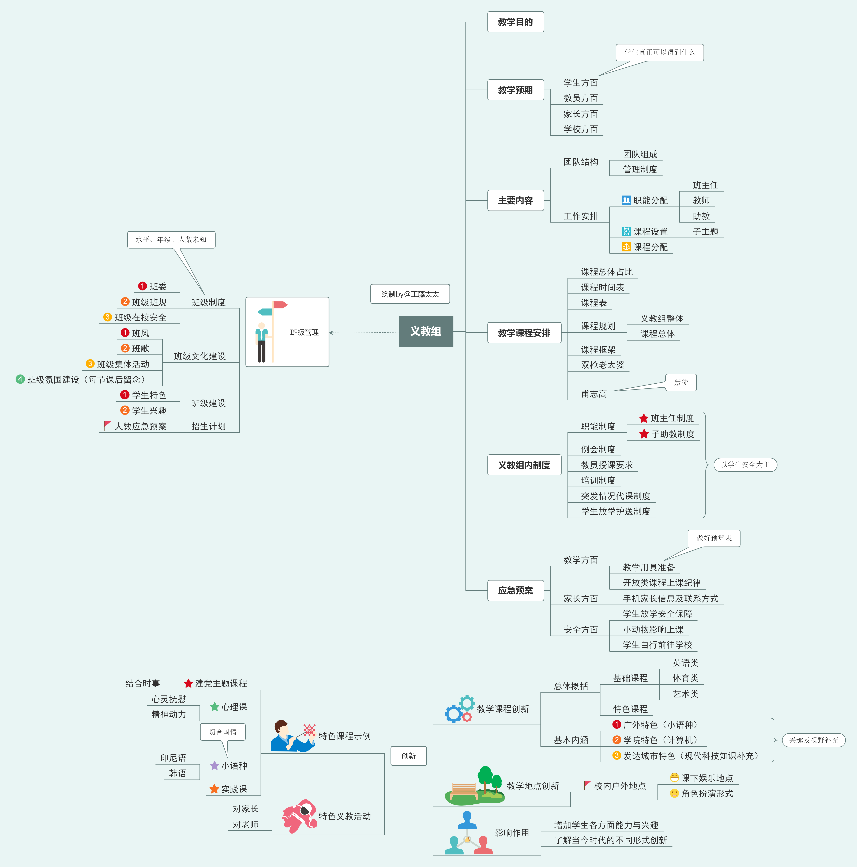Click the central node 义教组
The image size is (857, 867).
pyautogui.click(x=425, y=331)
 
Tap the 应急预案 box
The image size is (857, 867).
pyautogui.click(x=515, y=590)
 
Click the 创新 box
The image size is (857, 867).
pyautogui.click(x=408, y=756)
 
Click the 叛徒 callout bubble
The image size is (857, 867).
pyautogui.click(x=681, y=382)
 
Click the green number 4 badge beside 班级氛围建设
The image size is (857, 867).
pyautogui.click(x=20, y=379)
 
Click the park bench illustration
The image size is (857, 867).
pyautogui.click(x=464, y=791)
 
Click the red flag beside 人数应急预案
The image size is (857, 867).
pyautogui.click(x=107, y=425)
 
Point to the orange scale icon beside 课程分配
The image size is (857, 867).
pyautogui.click(x=626, y=247)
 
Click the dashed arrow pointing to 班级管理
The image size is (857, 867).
pyautogui.click(x=364, y=333)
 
